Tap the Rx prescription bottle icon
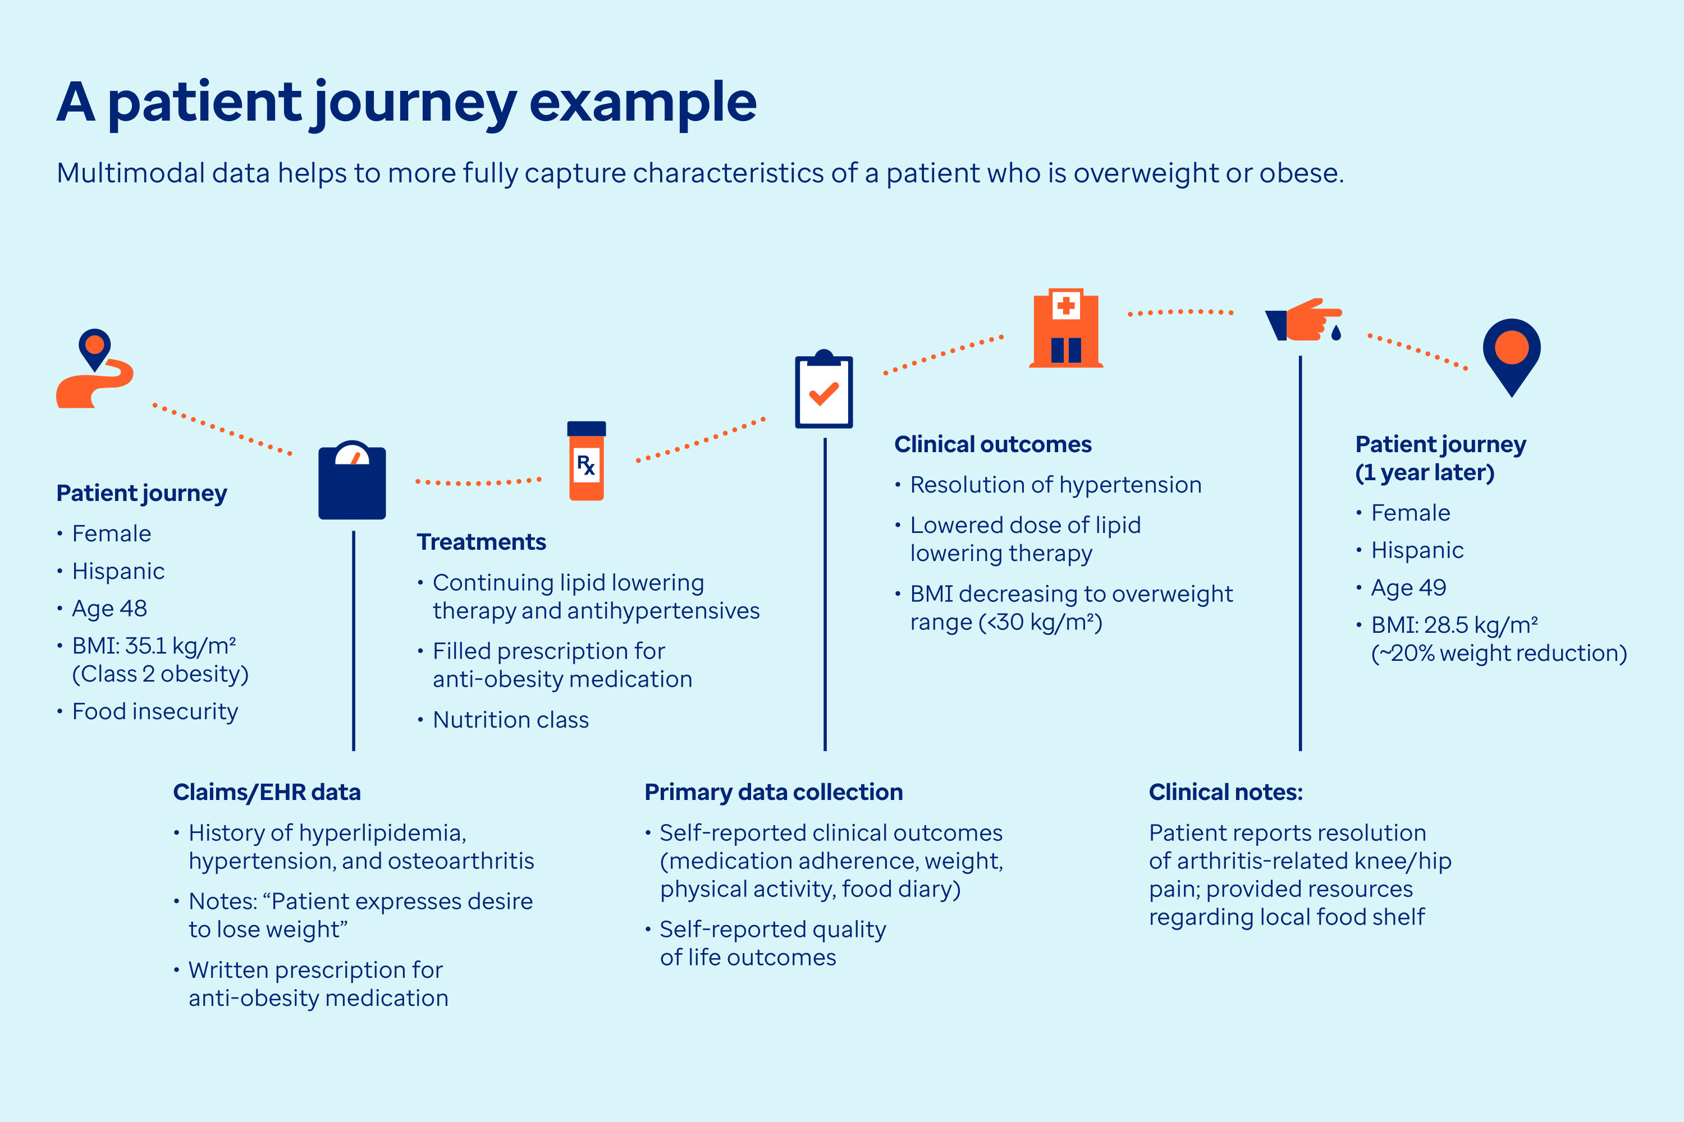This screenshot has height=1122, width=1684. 587,462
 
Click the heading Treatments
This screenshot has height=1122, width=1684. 481,542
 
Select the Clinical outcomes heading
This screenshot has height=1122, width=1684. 992,444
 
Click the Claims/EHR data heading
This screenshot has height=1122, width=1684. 266,792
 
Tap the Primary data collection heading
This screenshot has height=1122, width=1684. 774,792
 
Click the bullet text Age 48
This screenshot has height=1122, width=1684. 109,608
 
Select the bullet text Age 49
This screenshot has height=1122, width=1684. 1408,587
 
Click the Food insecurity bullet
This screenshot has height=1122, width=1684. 155,711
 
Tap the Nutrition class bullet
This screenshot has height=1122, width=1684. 510,719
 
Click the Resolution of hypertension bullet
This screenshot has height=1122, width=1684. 1055,485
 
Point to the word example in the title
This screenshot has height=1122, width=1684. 642,102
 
